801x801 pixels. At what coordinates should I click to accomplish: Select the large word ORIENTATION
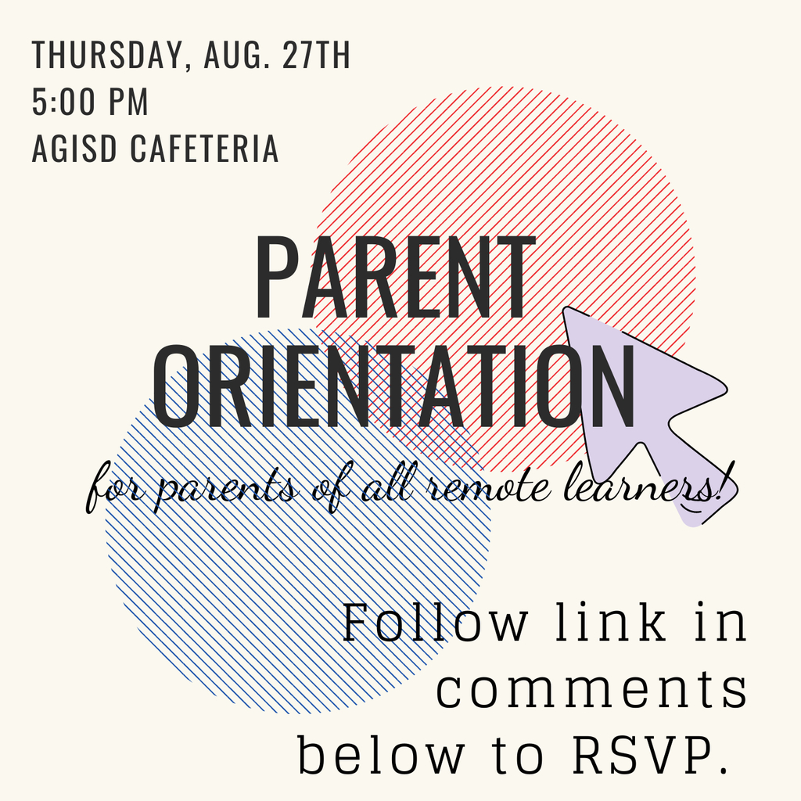(x=393, y=386)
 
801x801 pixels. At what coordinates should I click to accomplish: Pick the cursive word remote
(x=488, y=488)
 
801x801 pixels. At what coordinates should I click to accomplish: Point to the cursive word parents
(x=224, y=491)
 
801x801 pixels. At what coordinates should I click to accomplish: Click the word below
(x=381, y=755)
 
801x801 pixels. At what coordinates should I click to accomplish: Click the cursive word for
(x=115, y=488)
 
